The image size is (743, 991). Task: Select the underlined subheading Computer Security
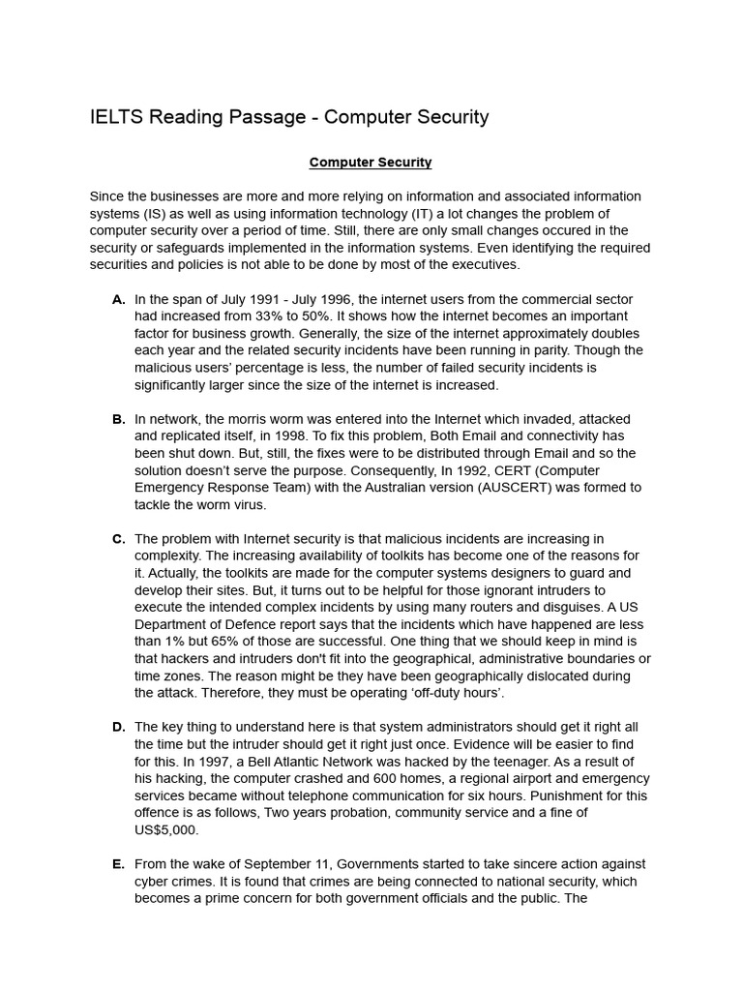click(x=371, y=163)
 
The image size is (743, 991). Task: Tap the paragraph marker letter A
click(x=119, y=299)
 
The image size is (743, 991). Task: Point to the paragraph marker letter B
click(x=119, y=419)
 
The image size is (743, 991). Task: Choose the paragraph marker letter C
click(x=119, y=538)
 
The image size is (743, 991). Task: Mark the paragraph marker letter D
click(x=119, y=727)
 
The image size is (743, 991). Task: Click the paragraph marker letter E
click(x=119, y=863)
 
